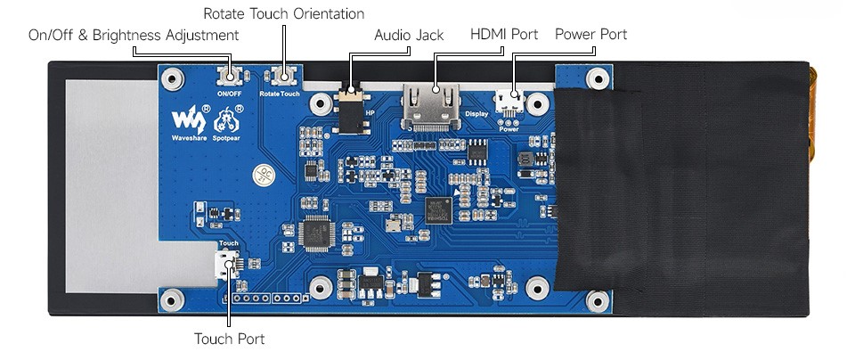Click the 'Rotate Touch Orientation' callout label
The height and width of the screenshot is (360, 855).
[x=283, y=13]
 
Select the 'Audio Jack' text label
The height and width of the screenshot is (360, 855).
[x=408, y=35]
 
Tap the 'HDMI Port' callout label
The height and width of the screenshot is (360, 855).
[x=503, y=35]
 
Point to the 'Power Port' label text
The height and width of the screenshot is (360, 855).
[x=590, y=35]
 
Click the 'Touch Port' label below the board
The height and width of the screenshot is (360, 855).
[x=229, y=339]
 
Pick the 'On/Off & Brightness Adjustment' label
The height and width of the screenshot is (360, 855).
[x=134, y=35]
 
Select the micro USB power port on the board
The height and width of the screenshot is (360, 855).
[x=509, y=100]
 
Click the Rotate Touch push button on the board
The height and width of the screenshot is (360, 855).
[x=286, y=77]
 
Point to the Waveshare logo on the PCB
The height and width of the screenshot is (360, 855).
[x=188, y=119]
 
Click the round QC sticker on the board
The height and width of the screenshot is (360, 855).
[x=263, y=175]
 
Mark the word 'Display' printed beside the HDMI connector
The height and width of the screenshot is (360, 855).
[x=476, y=113]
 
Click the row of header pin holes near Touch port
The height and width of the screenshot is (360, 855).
[x=266, y=298]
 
